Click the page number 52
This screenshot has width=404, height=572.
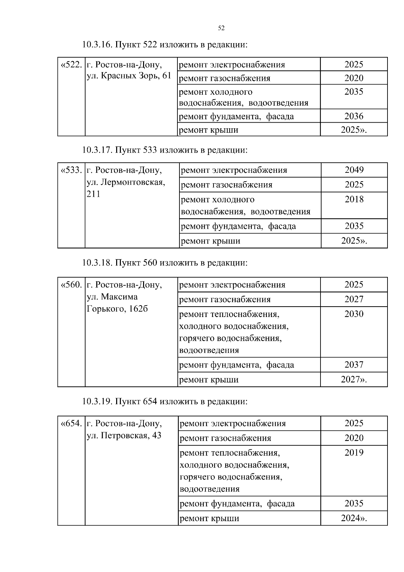(x=221, y=28)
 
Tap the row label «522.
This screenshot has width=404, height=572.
(x=71, y=64)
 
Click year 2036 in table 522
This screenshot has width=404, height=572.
(x=353, y=116)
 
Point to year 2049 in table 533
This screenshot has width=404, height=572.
(x=354, y=170)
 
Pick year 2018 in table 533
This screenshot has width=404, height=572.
(x=354, y=199)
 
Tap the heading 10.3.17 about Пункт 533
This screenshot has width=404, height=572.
(x=165, y=150)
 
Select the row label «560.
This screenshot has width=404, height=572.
(x=71, y=285)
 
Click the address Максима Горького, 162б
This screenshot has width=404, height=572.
(x=117, y=303)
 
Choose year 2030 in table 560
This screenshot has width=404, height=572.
(x=353, y=314)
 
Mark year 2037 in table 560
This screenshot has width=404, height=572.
(x=353, y=364)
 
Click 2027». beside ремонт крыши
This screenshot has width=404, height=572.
(x=353, y=380)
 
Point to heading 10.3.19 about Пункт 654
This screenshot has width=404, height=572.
(x=165, y=402)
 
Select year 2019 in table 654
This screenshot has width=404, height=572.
(x=353, y=452)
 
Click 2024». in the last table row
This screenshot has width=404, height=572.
(x=353, y=518)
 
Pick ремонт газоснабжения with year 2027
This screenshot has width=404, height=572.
(x=225, y=299)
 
